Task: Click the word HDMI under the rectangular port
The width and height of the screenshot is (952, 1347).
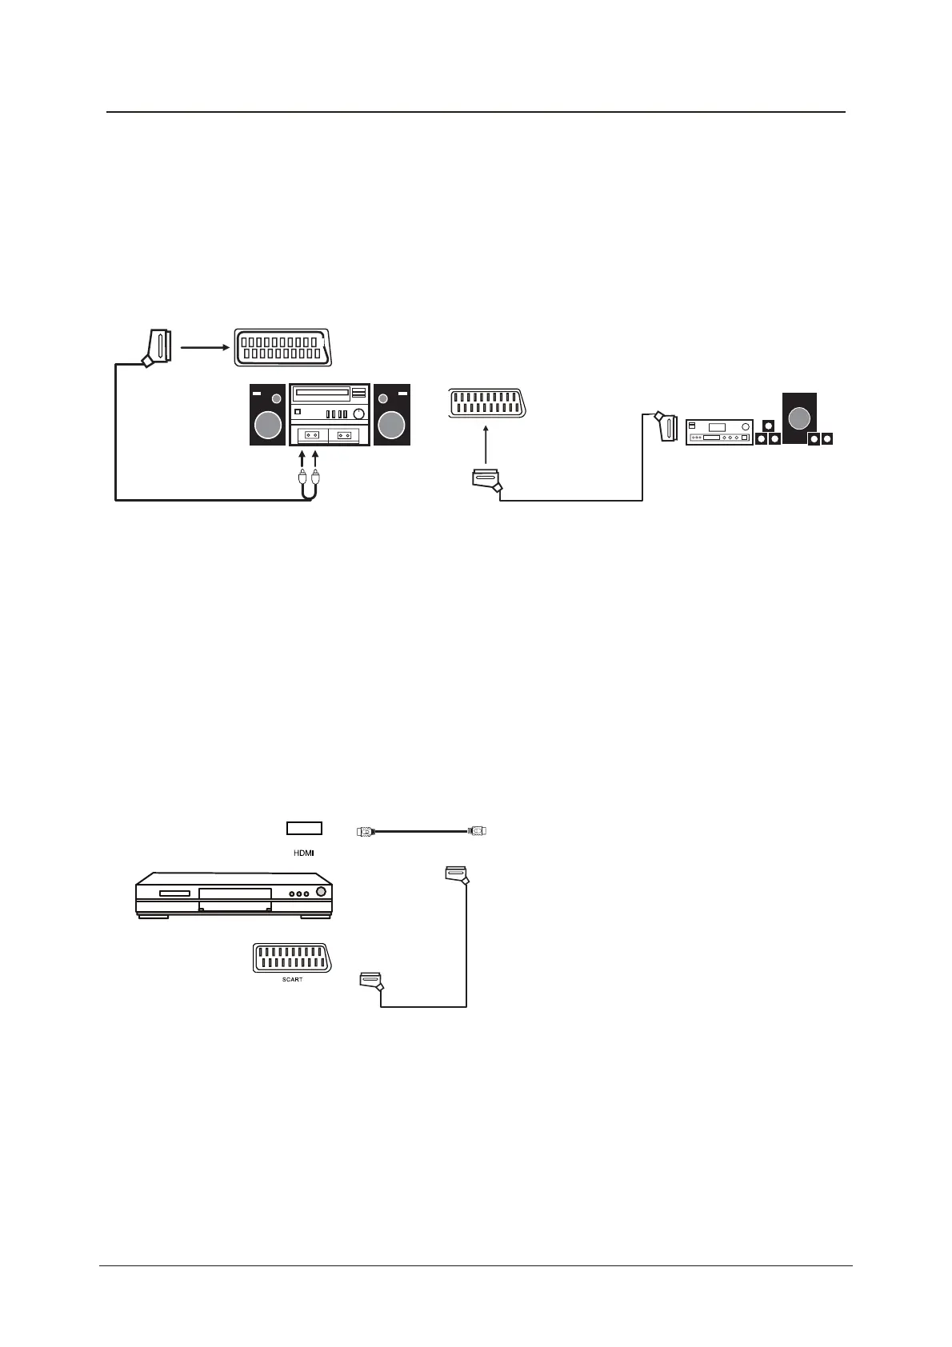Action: click(304, 853)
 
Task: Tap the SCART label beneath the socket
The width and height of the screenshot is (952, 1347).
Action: click(293, 979)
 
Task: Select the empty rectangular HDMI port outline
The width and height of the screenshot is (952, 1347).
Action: click(304, 829)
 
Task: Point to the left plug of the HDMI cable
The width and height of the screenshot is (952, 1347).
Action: click(366, 832)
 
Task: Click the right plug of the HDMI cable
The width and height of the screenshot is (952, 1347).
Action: click(477, 831)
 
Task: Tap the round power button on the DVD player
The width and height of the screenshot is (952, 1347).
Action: click(321, 893)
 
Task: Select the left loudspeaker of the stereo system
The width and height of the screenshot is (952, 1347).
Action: click(267, 415)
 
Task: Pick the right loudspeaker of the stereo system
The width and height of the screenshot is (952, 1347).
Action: click(392, 415)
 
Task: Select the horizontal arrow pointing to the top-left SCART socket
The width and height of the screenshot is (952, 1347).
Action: click(205, 347)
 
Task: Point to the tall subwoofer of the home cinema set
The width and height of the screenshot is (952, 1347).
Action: click(799, 418)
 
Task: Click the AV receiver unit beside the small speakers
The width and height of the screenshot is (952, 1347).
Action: click(719, 433)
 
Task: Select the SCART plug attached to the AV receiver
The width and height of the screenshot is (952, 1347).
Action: click(667, 427)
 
